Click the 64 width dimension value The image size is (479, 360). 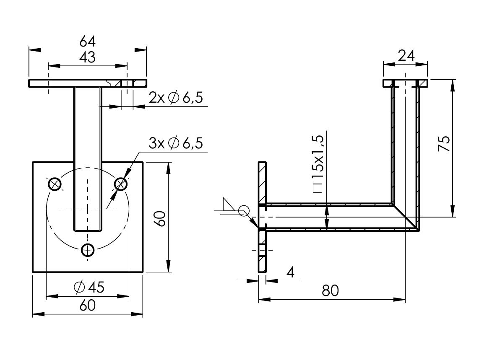(88, 41)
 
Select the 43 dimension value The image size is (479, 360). (88, 57)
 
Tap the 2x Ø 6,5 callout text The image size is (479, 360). (176, 98)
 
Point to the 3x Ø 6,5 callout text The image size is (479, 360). (176, 143)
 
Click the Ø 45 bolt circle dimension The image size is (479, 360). (89, 287)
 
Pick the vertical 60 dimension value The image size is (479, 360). (161, 218)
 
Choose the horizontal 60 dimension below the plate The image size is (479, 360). (88, 306)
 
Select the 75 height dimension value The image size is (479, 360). (444, 145)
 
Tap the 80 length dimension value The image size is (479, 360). (331, 290)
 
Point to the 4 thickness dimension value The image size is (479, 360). (290, 272)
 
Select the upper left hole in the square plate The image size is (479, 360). (55, 184)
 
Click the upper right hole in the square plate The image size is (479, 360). (121, 184)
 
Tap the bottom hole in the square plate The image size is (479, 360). (88, 250)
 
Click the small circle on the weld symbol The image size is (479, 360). (244, 210)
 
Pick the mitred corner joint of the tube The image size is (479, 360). (406, 217)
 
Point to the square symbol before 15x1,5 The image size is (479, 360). (318, 188)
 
